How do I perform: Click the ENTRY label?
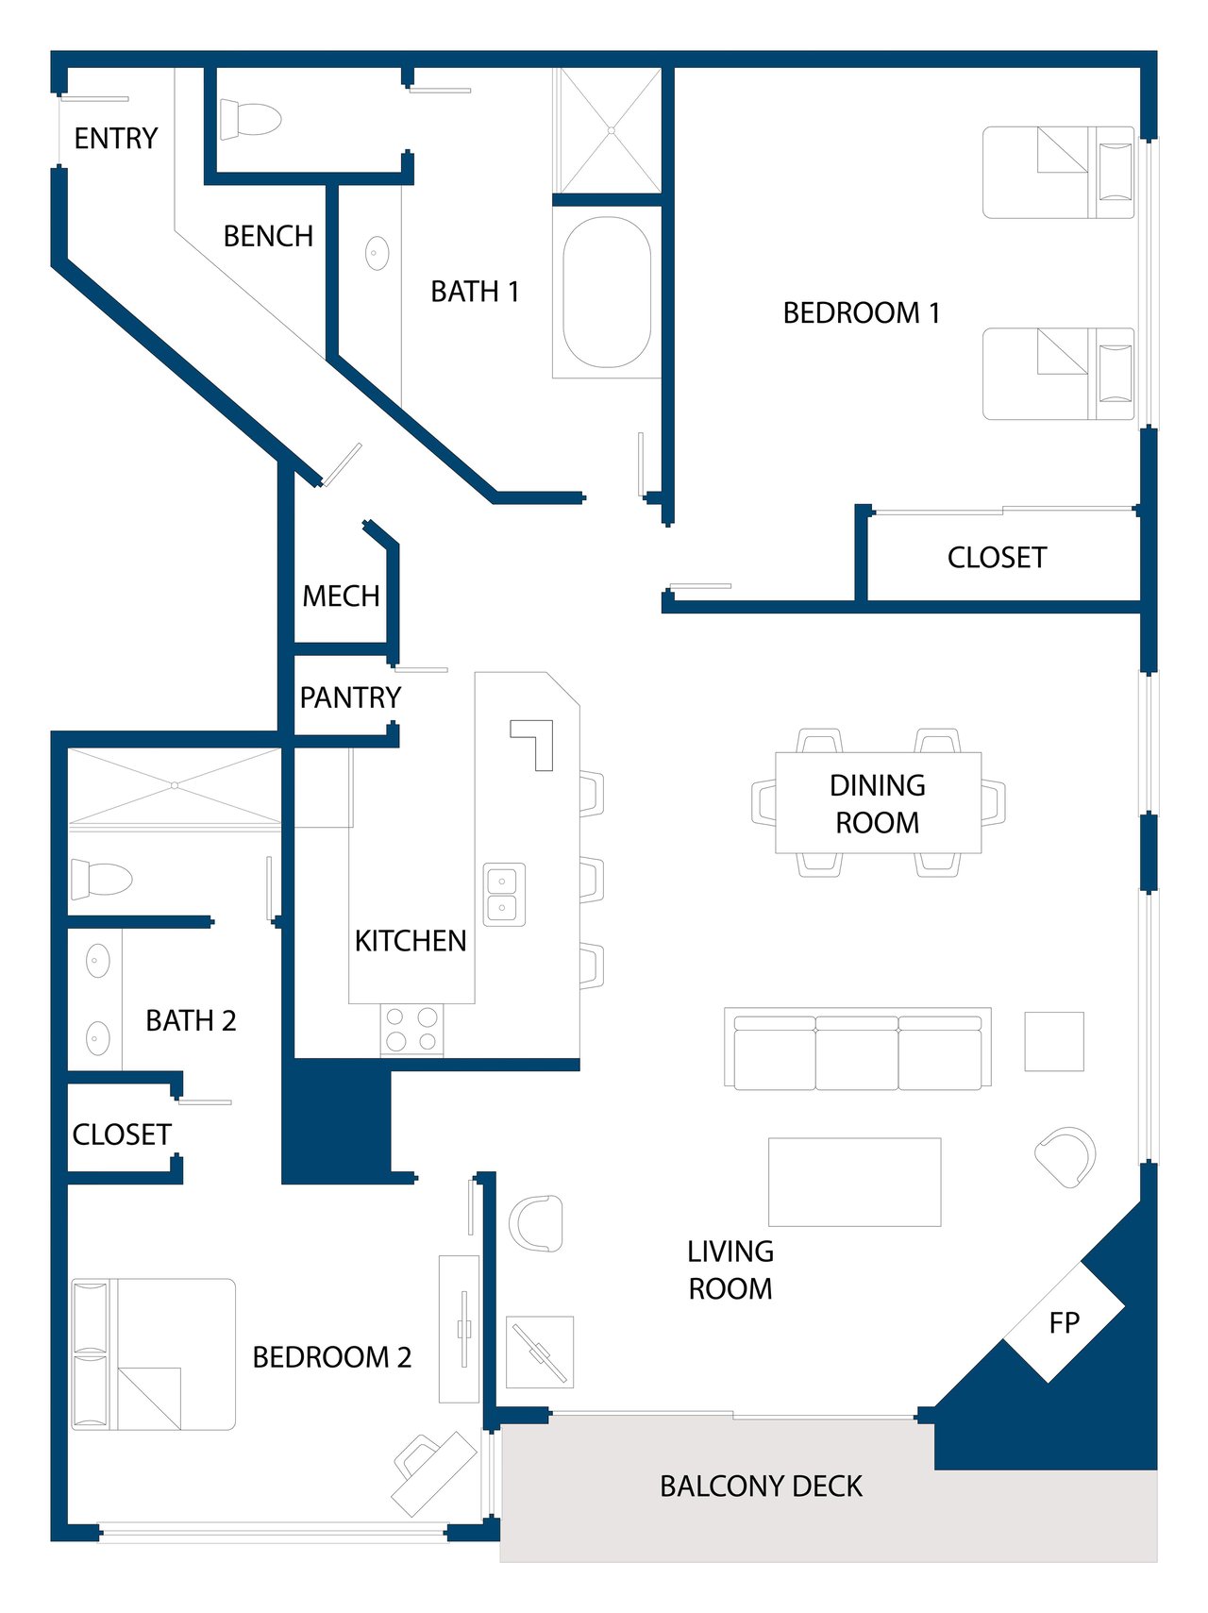tap(116, 139)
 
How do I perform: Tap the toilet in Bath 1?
tap(251, 120)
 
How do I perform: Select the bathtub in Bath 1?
tap(607, 293)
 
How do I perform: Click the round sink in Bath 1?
tap(377, 253)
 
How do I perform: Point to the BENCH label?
tap(268, 236)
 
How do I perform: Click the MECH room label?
tap(341, 596)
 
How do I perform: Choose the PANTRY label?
tap(350, 697)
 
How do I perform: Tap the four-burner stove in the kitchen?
tap(411, 1030)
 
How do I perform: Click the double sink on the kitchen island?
tap(504, 894)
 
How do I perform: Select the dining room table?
tap(879, 803)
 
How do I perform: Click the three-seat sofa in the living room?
tap(858, 1049)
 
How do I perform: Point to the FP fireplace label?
tap(1064, 1323)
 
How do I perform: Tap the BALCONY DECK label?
tap(761, 1487)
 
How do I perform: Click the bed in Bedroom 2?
tap(153, 1354)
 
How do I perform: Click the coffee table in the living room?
tap(854, 1182)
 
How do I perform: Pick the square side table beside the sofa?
tap(1054, 1041)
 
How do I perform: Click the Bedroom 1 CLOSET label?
tap(997, 558)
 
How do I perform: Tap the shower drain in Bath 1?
tap(612, 130)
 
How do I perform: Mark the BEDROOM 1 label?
tap(861, 313)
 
